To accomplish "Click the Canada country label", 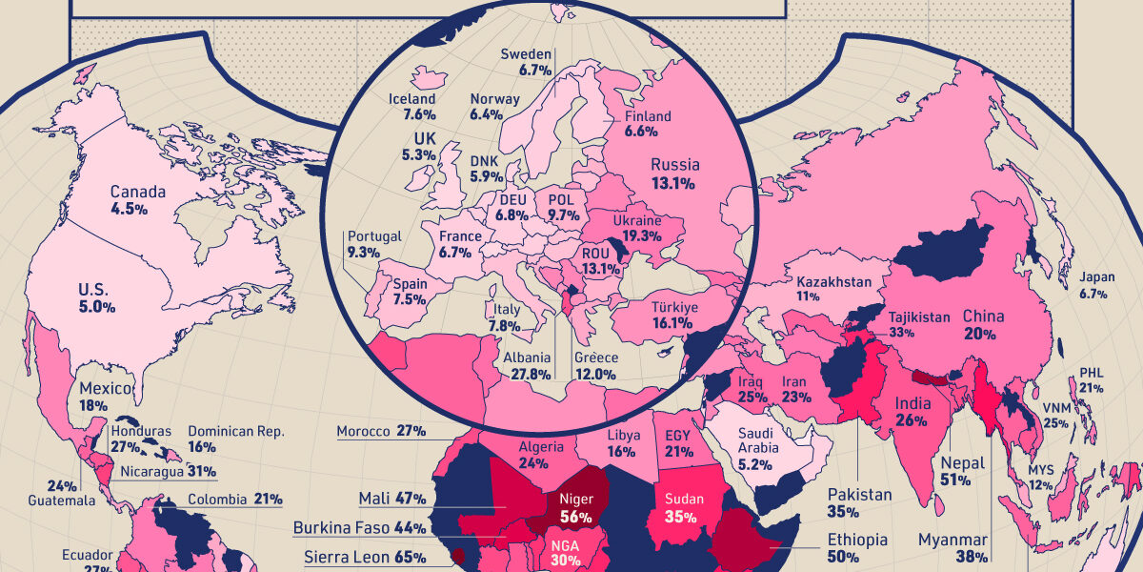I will (x=137, y=192).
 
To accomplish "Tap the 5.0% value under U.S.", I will (x=98, y=307).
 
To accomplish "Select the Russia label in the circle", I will (x=674, y=165).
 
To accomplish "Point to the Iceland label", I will (x=411, y=99).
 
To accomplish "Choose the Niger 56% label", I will (x=575, y=507).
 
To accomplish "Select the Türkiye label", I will (x=675, y=308).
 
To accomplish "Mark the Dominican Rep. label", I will (x=235, y=431).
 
